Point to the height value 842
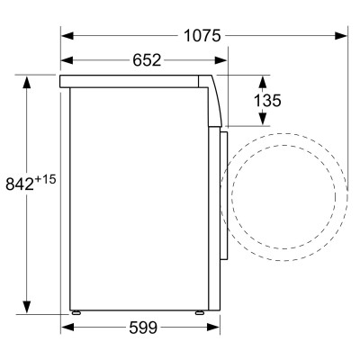(20, 184)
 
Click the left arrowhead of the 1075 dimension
(66, 35)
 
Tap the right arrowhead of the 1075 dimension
(343, 35)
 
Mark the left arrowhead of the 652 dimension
(66, 60)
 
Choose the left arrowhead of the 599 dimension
(66, 327)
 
